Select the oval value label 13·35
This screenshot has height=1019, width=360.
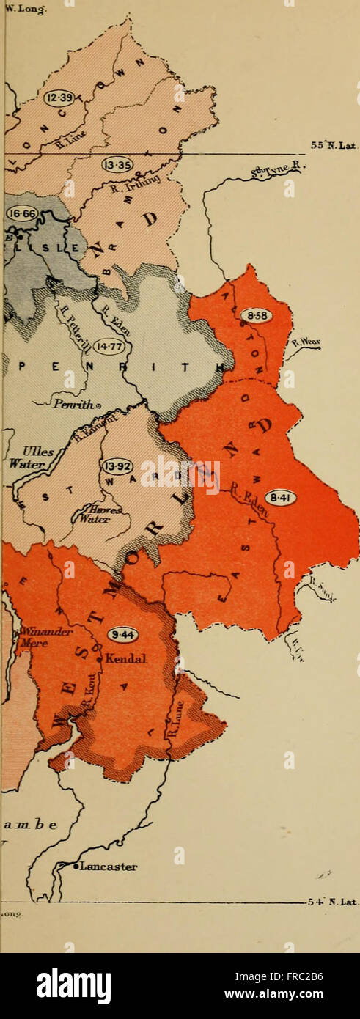(117, 166)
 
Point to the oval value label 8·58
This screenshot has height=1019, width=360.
(256, 315)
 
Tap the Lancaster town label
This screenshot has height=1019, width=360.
(109, 866)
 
